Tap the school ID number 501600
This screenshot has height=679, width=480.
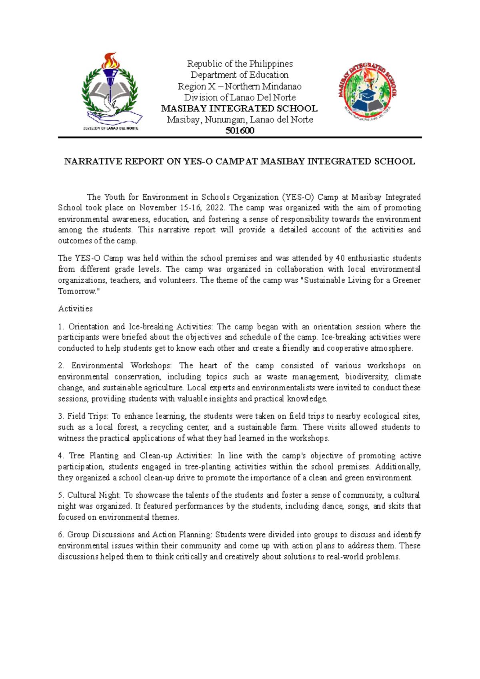click(x=240, y=131)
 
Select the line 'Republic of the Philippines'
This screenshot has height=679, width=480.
click(x=240, y=64)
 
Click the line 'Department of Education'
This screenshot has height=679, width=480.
click(x=240, y=75)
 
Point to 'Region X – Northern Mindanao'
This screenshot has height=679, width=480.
click(x=240, y=86)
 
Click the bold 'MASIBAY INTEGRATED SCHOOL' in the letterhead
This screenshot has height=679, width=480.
click(x=239, y=108)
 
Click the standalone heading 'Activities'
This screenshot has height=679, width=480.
click(x=75, y=309)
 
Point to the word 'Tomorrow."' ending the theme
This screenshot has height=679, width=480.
click(x=78, y=291)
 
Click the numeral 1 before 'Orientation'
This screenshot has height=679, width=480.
click(x=60, y=327)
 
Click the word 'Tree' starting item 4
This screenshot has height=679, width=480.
click(x=76, y=456)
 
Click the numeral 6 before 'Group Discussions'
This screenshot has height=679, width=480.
click(x=60, y=534)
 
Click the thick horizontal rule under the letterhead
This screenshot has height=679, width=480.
click(x=240, y=138)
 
